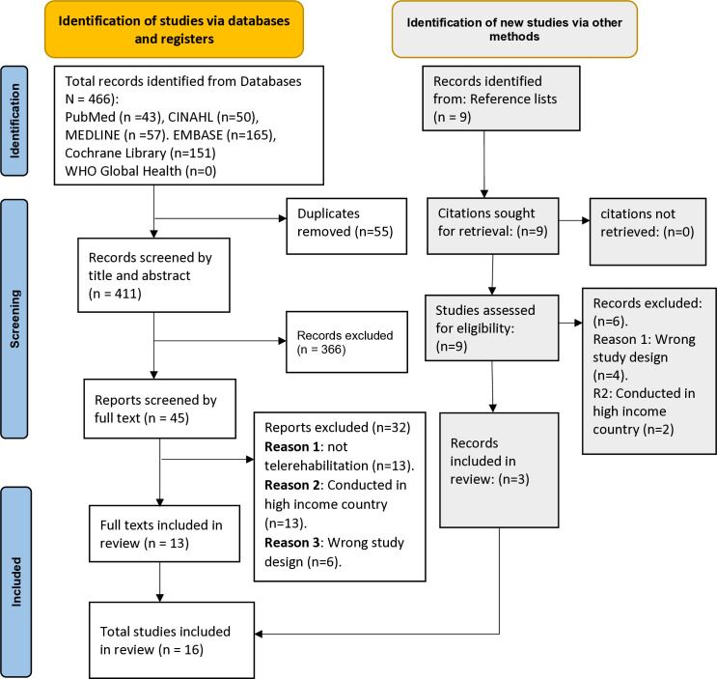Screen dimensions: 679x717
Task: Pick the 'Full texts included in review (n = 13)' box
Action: [152, 523]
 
